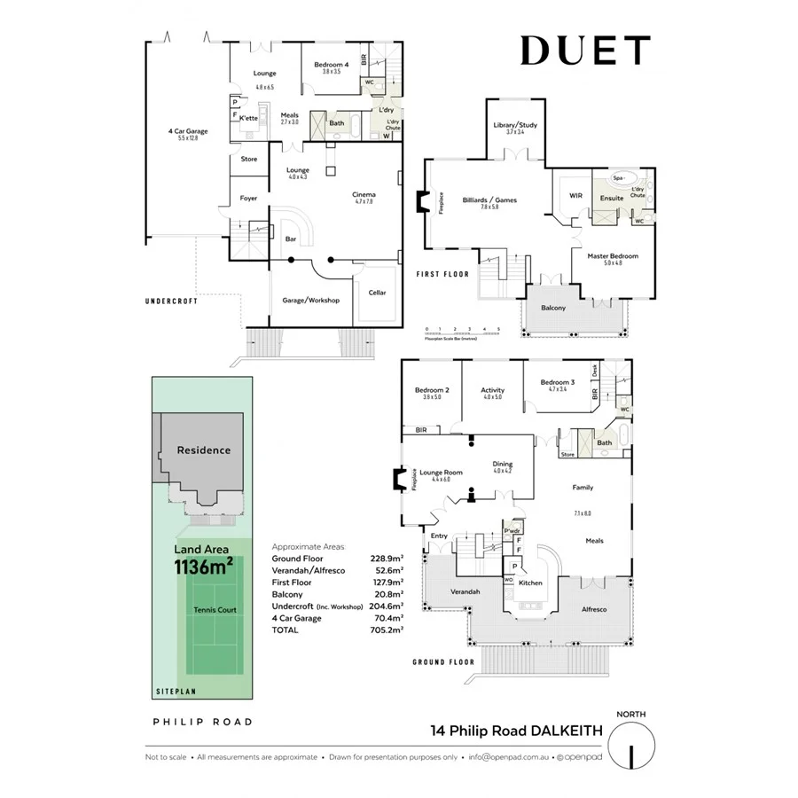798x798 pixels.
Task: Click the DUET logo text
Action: (x=585, y=51)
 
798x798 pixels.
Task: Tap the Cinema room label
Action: (x=364, y=194)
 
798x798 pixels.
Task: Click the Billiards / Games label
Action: (x=489, y=199)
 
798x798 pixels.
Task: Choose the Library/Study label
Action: (x=515, y=124)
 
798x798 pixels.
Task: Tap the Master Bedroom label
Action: (x=613, y=255)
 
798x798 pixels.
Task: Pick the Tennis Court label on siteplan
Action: (x=215, y=610)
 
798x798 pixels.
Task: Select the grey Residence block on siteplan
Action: (x=203, y=450)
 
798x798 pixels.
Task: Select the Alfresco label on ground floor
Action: (x=593, y=610)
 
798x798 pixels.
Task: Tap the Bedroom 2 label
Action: (x=432, y=390)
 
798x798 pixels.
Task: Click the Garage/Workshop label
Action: (x=311, y=301)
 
